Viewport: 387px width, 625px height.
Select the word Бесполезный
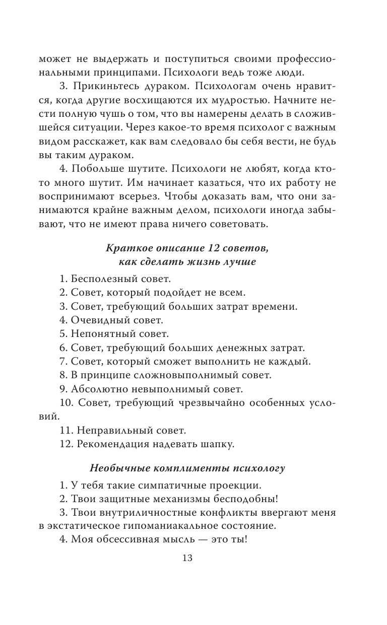coord(100,278)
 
